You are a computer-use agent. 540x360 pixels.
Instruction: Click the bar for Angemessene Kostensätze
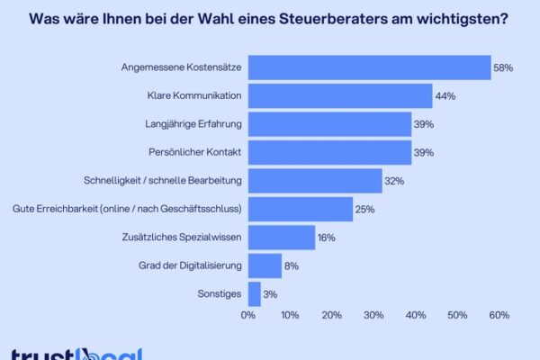[x=369, y=67]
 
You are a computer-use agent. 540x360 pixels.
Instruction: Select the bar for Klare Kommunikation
[x=340, y=95]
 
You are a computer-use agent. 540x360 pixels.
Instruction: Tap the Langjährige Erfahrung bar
[x=329, y=124]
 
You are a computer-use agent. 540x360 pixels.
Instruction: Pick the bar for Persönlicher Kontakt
[x=329, y=152]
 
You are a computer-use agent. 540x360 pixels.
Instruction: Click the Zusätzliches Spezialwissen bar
[x=282, y=238]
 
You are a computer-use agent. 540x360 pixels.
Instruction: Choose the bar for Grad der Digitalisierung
[x=265, y=265]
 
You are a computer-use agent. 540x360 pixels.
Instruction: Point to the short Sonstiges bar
[x=255, y=293]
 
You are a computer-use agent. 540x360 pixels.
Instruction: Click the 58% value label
[x=503, y=67]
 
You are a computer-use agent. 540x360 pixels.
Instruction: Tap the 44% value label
[x=445, y=95]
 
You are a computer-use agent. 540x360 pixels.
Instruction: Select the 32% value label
[x=394, y=181]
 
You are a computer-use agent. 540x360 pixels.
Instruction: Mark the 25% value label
[x=364, y=209]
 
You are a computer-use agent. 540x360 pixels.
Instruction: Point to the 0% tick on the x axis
[x=248, y=315]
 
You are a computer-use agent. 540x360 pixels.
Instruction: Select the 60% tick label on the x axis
[x=499, y=315]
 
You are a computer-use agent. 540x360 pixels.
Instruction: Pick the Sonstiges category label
[x=218, y=293]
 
